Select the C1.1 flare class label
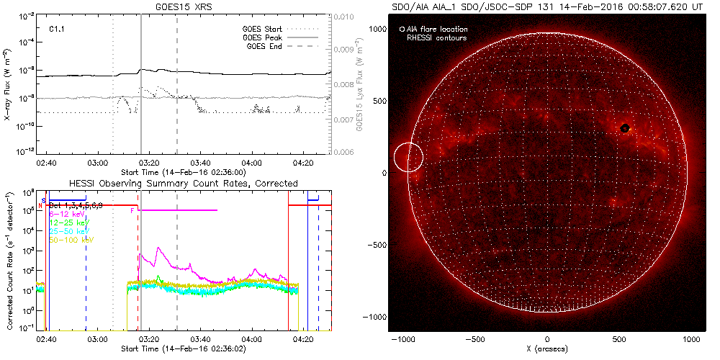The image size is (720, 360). (x=58, y=30)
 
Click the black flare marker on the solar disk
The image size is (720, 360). (x=625, y=128)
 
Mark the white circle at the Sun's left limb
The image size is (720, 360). (x=408, y=158)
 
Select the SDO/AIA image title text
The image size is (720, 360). (x=547, y=6)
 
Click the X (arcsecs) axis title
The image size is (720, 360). (x=547, y=349)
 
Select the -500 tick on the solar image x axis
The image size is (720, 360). (x=475, y=338)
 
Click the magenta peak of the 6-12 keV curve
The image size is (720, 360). (x=158, y=248)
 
